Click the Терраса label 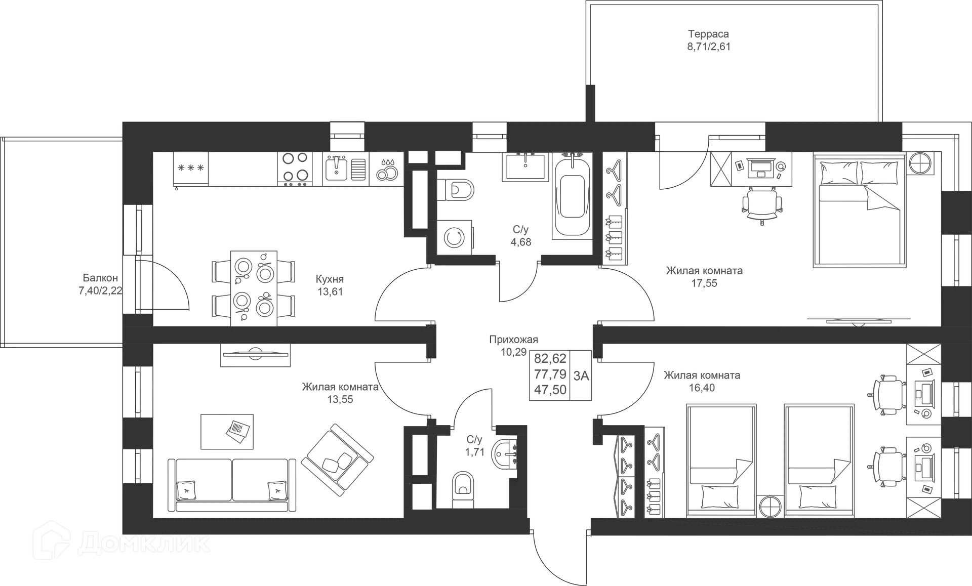click(x=708, y=34)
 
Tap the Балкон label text click(x=100, y=278)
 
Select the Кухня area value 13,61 click(x=330, y=291)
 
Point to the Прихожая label click(x=513, y=340)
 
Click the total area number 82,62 click(x=550, y=359)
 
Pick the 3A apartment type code click(x=581, y=375)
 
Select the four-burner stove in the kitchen click(x=296, y=169)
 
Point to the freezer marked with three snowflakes click(x=191, y=169)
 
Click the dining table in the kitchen click(x=254, y=288)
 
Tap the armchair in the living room click(x=337, y=457)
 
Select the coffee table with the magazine click(x=227, y=432)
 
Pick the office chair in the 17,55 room click(x=762, y=204)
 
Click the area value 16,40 click(x=702, y=388)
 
